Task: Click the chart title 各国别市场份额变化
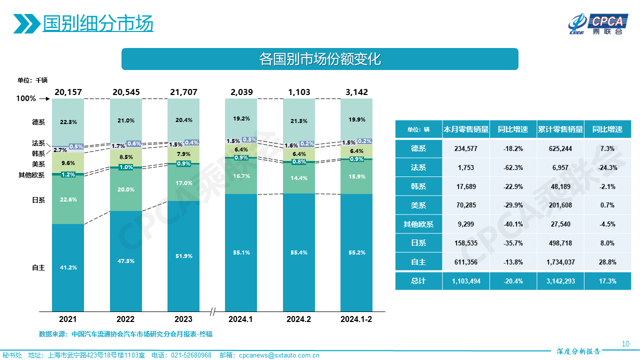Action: tap(320, 59)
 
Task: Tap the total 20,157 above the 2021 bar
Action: tap(68, 92)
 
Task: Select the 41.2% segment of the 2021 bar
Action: tap(68, 267)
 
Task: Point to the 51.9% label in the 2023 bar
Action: tap(183, 256)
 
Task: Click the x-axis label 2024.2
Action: tap(299, 319)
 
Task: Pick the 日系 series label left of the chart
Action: tap(38, 200)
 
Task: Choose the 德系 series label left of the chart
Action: tap(38, 121)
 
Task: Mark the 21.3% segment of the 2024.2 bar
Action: tap(299, 121)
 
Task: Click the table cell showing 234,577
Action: tap(466, 149)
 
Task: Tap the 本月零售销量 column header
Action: tap(466, 129)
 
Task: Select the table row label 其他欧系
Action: tap(418, 224)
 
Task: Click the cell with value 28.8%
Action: tap(607, 262)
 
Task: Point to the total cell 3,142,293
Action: tap(560, 281)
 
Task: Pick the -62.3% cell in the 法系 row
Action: tap(513, 168)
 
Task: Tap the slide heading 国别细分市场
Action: tap(98, 23)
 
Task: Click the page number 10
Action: tap(625, 343)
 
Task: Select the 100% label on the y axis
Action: tap(26, 99)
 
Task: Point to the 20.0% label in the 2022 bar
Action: tap(126, 189)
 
